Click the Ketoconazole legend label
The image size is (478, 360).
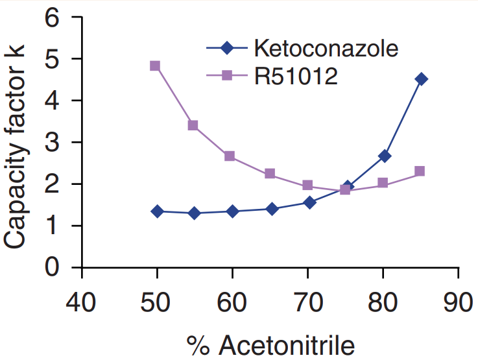coord(326,48)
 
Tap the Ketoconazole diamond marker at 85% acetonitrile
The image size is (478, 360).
coord(421,79)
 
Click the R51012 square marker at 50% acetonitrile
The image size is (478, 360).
coord(155,66)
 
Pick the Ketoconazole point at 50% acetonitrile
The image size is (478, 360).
coord(157,211)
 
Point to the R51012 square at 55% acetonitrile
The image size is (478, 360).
coord(193,125)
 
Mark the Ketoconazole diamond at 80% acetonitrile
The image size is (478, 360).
coord(385,156)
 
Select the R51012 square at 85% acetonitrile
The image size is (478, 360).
coord(420,171)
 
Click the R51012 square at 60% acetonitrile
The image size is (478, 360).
coord(230,156)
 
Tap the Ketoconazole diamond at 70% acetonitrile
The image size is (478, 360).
coord(309,202)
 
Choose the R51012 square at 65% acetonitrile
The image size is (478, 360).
coord(270,174)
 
